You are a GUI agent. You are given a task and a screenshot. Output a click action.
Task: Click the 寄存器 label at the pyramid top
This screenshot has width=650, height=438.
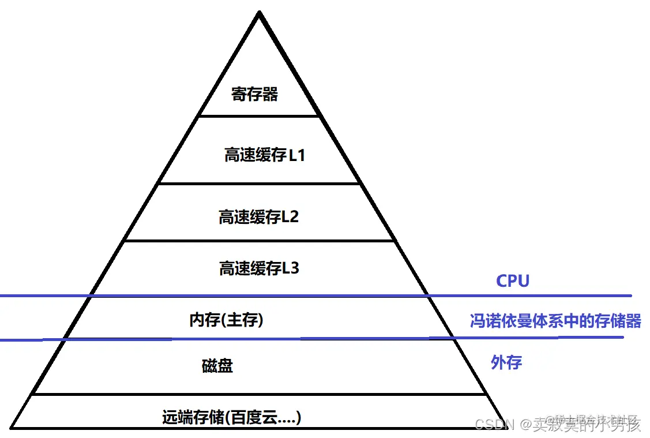255,94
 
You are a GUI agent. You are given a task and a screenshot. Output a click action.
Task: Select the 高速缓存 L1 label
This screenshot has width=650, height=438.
264,155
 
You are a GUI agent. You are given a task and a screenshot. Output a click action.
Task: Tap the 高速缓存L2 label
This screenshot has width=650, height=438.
258,217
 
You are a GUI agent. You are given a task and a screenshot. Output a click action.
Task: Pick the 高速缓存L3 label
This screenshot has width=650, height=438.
259,268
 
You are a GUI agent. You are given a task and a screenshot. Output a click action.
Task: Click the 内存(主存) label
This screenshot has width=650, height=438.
226,320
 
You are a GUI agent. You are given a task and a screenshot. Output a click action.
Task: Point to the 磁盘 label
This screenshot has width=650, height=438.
217,366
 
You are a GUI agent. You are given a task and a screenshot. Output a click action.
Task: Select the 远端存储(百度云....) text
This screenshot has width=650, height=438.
231,417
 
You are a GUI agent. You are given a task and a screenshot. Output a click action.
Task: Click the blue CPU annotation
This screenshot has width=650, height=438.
512,281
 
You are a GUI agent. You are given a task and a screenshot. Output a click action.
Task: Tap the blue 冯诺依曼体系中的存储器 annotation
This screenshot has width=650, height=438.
555,321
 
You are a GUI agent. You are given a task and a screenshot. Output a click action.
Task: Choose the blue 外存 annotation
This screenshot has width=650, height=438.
506,362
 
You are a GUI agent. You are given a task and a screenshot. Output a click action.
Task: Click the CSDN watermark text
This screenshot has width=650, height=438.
494,425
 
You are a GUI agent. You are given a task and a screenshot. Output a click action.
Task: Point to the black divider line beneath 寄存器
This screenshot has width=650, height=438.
258,116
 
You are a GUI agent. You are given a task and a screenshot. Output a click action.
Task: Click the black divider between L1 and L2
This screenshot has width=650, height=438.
258,184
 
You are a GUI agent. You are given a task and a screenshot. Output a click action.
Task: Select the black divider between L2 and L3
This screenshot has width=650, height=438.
258,240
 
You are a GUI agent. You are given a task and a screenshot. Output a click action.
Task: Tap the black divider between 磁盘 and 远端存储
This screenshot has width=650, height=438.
258,395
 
